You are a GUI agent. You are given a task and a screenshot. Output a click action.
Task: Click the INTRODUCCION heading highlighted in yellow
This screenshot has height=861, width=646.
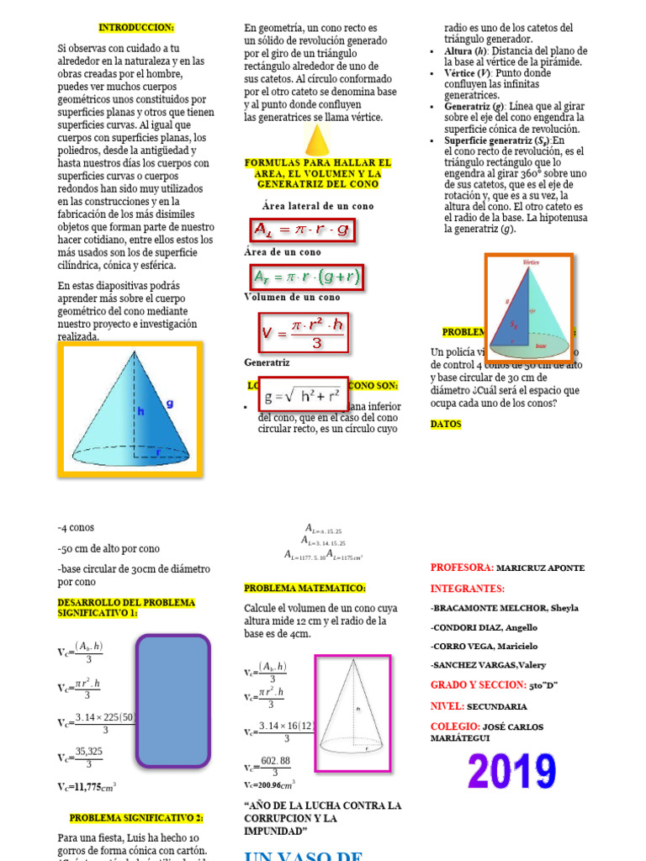point(136,28)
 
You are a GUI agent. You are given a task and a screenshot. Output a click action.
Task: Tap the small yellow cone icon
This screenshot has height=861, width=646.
point(316,140)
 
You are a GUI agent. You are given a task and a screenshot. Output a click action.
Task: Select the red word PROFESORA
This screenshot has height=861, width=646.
point(462,568)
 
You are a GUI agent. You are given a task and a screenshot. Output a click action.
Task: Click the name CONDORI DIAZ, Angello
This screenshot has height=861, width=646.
point(484,627)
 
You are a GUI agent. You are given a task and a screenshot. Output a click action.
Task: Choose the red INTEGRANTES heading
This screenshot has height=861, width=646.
point(468,589)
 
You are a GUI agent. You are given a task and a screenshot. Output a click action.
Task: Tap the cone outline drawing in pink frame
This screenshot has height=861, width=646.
point(352,713)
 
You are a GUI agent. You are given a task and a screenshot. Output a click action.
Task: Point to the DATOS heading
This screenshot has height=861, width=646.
point(446,425)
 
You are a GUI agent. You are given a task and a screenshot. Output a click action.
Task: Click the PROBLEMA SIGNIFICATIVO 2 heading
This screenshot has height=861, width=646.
point(136,817)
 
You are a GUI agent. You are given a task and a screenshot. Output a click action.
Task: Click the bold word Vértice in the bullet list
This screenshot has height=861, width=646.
point(462,74)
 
